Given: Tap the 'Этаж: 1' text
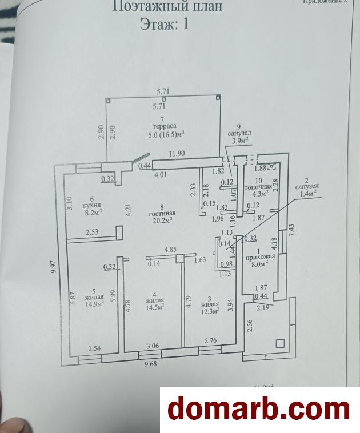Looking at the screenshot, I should click(x=164, y=24).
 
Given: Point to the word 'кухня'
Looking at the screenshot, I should click(x=91, y=205).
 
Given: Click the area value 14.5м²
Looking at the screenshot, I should click(x=154, y=307).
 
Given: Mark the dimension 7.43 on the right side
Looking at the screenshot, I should click(x=291, y=231).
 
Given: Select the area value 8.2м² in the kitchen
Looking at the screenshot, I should click(x=92, y=212).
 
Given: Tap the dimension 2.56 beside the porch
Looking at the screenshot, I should click(x=249, y=326).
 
